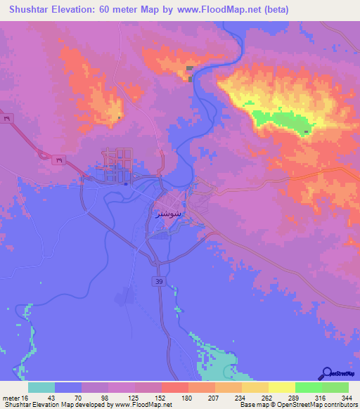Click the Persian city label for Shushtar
(x=167, y=212)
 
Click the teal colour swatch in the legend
(x=41, y=387)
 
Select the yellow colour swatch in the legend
(x=281, y=387)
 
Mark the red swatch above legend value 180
(x=174, y=387)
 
